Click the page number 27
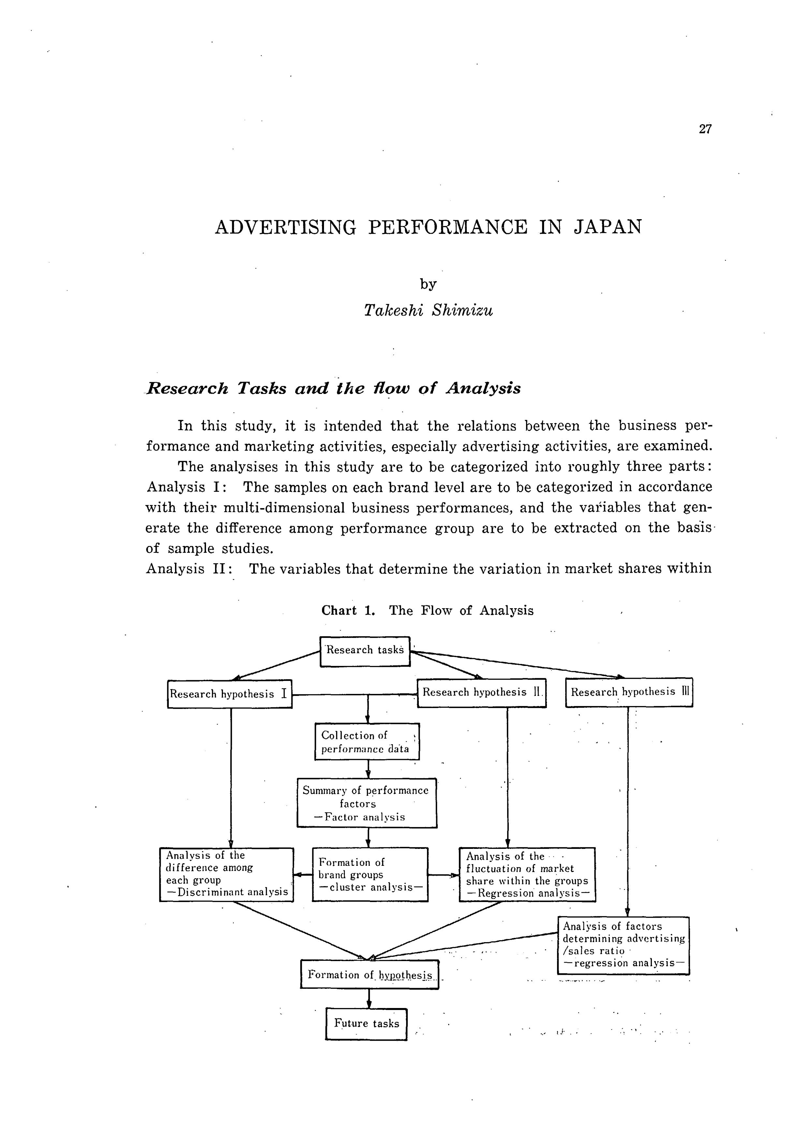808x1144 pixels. (x=705, y=129)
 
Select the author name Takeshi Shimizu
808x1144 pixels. (x=428, y=310)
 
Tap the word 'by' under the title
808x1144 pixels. (x=428, y=284)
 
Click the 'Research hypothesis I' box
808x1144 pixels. (x=229, y=694)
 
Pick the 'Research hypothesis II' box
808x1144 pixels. (x=481, y=693)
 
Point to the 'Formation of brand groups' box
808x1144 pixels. (x=370, y=874)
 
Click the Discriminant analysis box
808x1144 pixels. (x=227, y=874)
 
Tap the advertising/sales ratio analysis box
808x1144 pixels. (x=623, y=945)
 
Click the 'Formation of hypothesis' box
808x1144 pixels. (x=369, y=975)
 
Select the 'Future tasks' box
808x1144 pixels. (x=366, y=1023)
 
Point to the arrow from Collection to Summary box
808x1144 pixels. (x=368, y=769)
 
